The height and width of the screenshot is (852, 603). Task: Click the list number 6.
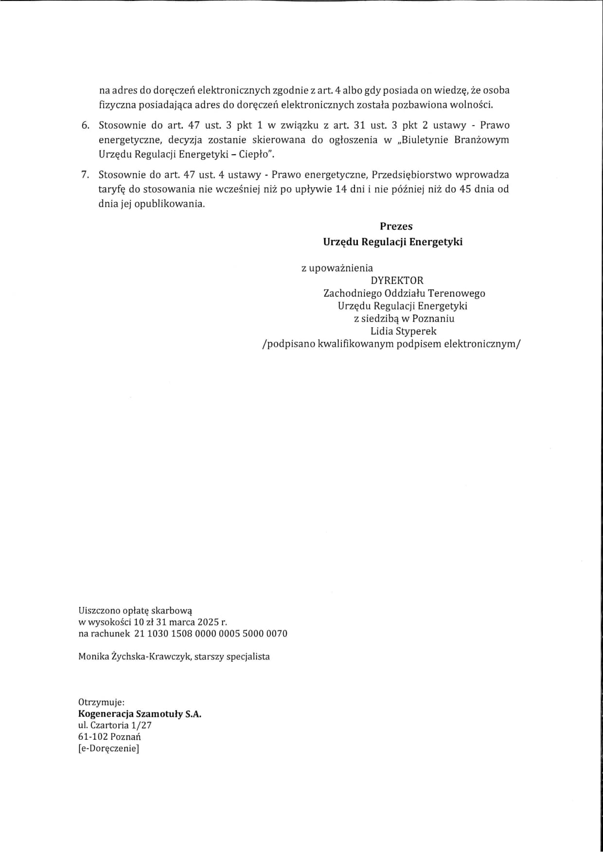click(85, 125)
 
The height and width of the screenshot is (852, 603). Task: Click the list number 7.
click(85, 175)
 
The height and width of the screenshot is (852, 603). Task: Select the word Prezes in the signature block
click(396, 227)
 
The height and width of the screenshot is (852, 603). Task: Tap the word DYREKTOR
click(397, 281)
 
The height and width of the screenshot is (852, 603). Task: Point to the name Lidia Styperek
click(403, 331)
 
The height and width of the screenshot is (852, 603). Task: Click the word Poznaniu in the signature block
click(433, 319)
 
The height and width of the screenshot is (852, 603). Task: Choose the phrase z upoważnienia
click(337, 268)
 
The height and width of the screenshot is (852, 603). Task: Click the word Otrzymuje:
click(101, 702)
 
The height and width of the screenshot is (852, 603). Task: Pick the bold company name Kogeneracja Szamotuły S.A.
click(140, 714)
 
